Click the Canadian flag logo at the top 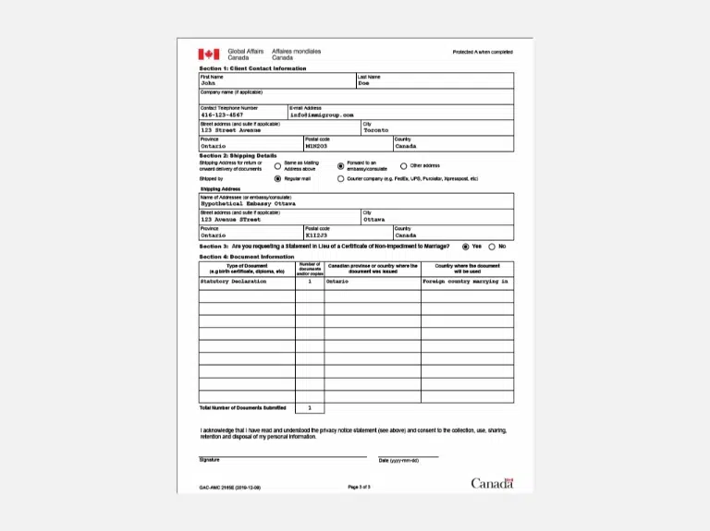point(208,54)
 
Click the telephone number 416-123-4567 point(222,115)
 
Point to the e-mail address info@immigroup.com point(322,115)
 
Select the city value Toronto point(376,130)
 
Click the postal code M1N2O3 point(317,146)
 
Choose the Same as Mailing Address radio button point(277,166)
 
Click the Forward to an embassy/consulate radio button point(340,166)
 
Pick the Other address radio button point(403,166)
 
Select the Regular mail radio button point(277,178)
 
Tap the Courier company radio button point(340,178)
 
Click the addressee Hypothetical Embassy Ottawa point(248,203)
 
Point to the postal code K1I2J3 point(317,235)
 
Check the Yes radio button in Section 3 point(466,247)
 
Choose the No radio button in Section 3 point(492,247)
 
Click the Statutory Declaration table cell point(233,281)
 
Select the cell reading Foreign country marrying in point(466,281)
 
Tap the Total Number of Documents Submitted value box point(310,407)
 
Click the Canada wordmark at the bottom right point(492,483)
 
